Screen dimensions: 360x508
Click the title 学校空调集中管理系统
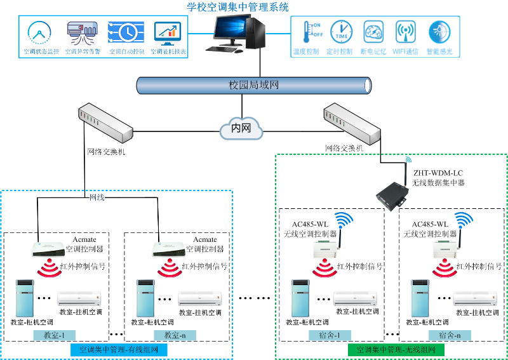(x=237, y=7)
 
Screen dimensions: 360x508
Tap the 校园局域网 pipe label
(x=253, y=84)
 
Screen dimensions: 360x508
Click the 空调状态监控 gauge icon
(x=41, y=32)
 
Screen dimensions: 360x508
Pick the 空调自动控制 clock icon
(x=126, y=32)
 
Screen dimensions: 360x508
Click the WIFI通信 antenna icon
(x=405, y=32)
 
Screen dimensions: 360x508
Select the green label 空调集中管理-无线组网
(x=396, y=349)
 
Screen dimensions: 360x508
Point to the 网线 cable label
(x=97, y=197)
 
